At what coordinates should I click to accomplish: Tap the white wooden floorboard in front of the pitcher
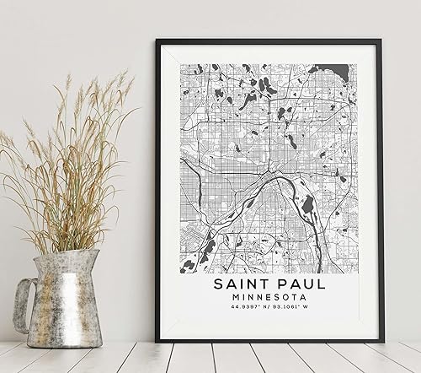[x=76, y=359]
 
